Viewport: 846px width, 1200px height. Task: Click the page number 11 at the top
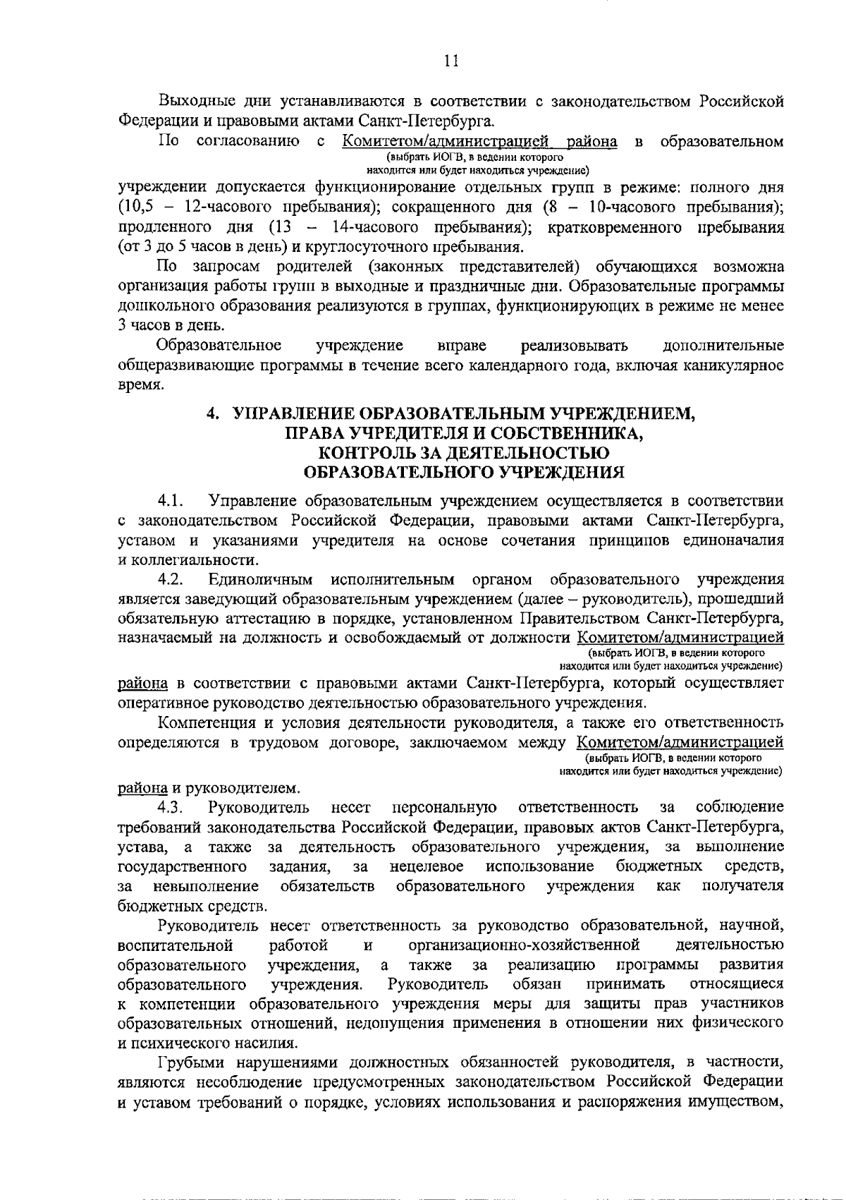(452, 61)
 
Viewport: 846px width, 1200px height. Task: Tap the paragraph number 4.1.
(171, 501)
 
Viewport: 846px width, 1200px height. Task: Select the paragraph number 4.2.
(171, 580)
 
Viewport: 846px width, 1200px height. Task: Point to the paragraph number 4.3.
(171, 807)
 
